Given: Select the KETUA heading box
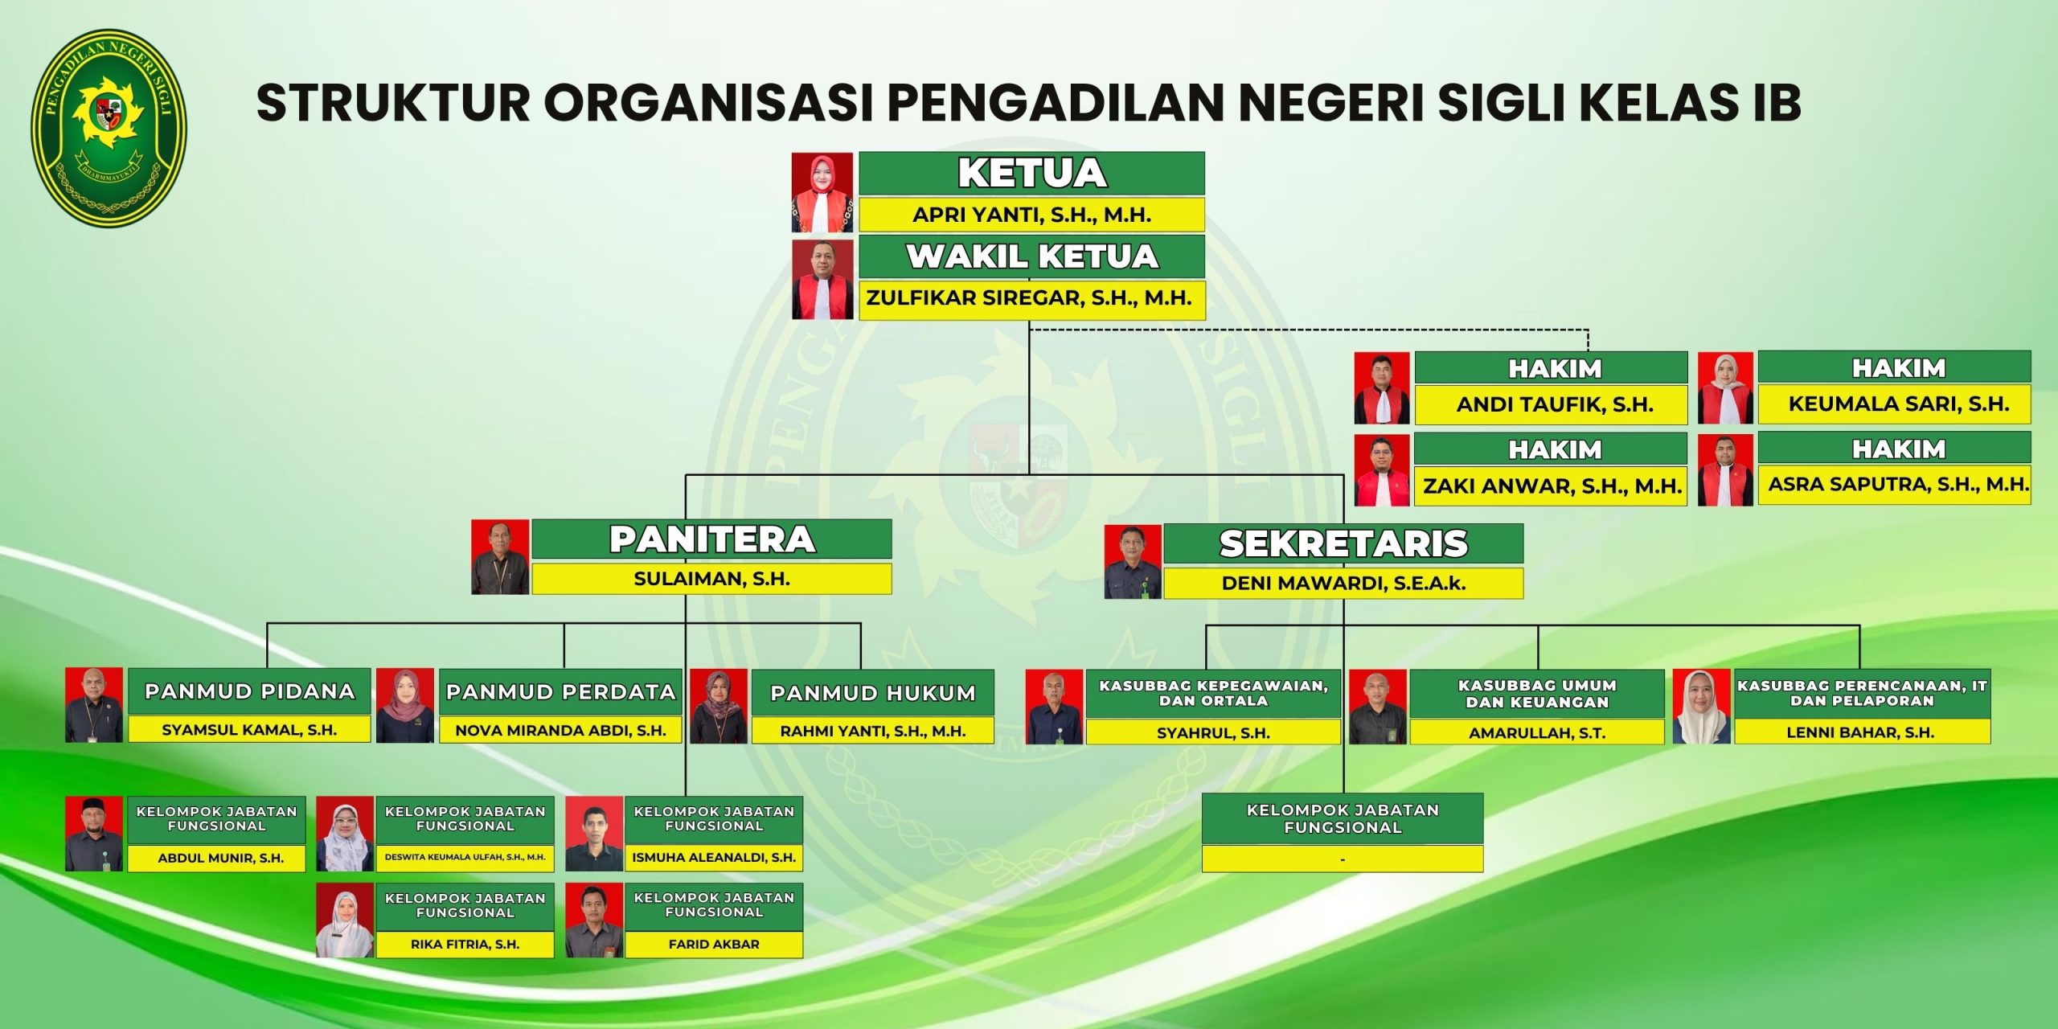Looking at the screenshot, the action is click(1031, 173).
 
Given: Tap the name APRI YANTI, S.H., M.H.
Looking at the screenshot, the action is click(1031, 215).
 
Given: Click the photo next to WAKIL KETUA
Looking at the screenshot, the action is click(822, 278).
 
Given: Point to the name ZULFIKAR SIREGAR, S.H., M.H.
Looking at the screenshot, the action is click(1029, 298).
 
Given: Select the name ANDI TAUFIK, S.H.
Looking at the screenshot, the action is click(1555, 404).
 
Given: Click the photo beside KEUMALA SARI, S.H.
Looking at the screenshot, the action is click(1725, 387).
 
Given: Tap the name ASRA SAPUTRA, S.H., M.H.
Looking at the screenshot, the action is click(1899, 484).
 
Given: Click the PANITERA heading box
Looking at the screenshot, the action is click(711, 539).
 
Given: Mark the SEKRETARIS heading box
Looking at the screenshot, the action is click(1343, 543).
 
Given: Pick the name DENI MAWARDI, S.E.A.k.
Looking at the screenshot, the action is click(1343, 584).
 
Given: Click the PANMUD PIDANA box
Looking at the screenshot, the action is click(249, 691).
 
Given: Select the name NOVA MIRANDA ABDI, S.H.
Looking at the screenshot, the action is click(560, 731).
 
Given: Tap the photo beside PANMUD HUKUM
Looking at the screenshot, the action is click(719, 707).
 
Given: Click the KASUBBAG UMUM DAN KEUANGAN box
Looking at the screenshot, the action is click(1537, 694).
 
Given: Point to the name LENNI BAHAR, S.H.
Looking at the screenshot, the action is click(1860, 732).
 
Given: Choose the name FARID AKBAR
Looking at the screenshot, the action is click(714, 945).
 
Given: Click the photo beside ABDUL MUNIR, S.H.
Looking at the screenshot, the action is click(94, 834).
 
